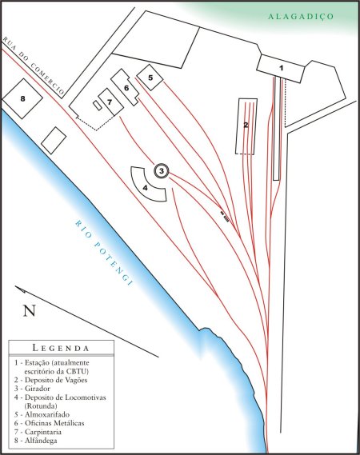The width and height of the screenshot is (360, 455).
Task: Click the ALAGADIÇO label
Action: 301,17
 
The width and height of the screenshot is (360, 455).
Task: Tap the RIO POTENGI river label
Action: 104,253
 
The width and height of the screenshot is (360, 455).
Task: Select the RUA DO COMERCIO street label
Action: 34,66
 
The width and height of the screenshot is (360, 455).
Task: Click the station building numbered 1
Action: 281,69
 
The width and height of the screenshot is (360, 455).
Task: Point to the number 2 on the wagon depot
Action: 246,126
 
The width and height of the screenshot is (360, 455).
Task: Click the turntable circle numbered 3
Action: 161,171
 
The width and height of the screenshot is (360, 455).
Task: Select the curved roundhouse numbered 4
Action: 147,186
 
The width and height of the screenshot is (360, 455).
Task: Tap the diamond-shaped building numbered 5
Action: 150,78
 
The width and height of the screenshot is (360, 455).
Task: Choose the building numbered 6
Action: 126,87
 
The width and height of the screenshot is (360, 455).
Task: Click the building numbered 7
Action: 110,102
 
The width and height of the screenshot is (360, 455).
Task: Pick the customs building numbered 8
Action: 22,98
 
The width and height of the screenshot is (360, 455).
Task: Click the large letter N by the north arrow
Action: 30,310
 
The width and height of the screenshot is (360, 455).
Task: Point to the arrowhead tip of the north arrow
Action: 15,286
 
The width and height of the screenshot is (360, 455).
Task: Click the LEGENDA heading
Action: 61,348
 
